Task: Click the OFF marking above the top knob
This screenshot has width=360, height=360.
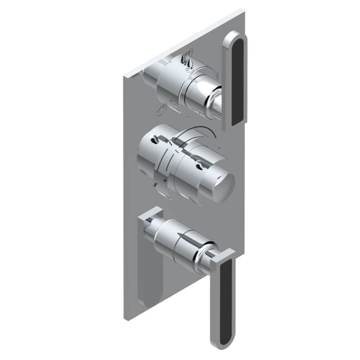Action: point(187,54)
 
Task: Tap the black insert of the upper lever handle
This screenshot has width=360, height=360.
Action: point(239,81)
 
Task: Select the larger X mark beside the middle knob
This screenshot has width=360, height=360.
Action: point(156,184)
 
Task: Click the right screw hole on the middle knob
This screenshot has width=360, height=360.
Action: point(199,166)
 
